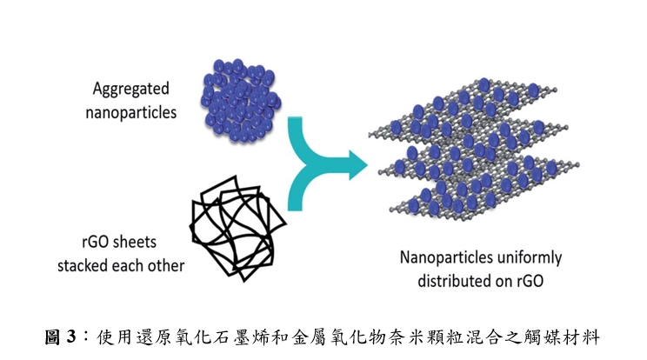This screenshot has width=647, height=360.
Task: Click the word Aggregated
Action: click(130, 89)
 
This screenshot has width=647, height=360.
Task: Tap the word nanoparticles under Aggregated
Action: click(130, 112)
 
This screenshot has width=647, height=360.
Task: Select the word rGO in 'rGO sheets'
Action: click(96, 242)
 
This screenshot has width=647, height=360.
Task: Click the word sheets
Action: click(135, 242)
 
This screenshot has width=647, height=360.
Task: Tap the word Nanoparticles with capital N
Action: click(440, 257)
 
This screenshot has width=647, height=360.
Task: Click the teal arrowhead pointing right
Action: click(358, 165)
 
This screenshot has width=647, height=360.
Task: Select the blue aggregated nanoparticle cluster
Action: click(241, 101)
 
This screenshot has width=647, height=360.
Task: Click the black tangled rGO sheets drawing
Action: click(237, 229)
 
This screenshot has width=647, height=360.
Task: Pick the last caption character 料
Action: click(590, 337)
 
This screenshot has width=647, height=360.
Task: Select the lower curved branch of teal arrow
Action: click(300, 189)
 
